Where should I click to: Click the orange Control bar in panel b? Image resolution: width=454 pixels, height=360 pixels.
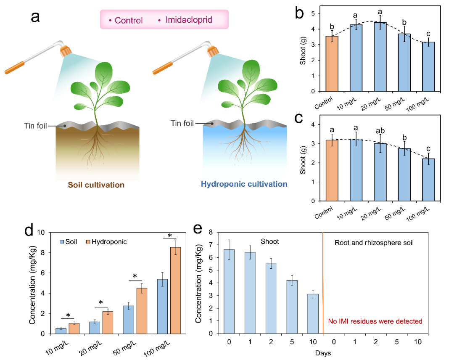coord(332,64)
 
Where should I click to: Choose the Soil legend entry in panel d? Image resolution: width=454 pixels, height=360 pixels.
coord(71,242)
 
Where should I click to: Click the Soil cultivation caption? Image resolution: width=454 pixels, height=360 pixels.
coord(97,184)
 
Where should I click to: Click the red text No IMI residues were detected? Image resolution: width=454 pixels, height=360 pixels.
coord(375,322)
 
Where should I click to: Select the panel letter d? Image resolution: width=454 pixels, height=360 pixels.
coord(30,231)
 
